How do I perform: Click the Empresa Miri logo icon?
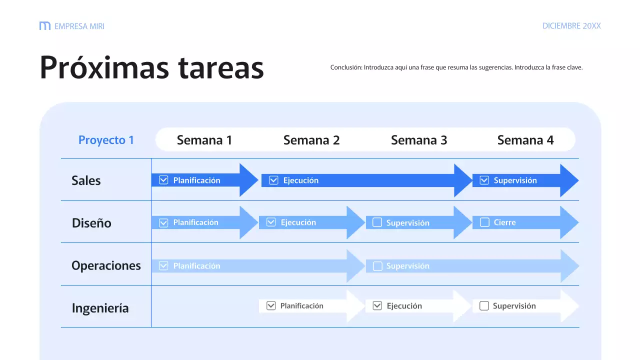tap(45, 26)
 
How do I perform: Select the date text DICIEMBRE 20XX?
tap(571, 26)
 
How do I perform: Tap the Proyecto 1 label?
tap(106, 140)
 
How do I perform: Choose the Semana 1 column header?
tap(204, 140)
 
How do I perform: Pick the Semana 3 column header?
tap(419, 140)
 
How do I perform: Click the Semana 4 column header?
tap(525, 140)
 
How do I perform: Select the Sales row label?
tap(86, 180)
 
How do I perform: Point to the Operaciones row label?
tap(106, 265)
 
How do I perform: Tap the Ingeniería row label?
tap(100, 308)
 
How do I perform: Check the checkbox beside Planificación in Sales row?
tap(163, 180)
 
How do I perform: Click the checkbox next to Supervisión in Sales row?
tap(484, 180)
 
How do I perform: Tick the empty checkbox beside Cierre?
tap(484, 222)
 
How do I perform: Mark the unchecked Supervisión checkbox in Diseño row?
tap(377, 222)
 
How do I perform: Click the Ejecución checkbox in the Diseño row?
tap(271, 222)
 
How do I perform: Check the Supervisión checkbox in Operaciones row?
tap(377, 266)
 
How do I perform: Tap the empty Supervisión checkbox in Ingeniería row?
tap(484, 306)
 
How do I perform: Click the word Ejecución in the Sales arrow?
tap(300, 180)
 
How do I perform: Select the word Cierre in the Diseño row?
tap(504, 222)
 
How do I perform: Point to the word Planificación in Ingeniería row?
tap(301, 306)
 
